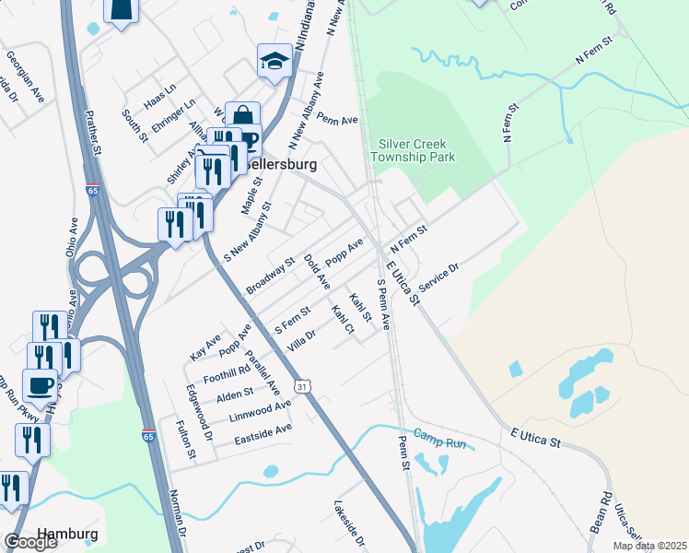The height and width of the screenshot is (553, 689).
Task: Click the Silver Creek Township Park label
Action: point(416,151)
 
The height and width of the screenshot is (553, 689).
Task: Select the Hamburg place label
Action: point(67,535)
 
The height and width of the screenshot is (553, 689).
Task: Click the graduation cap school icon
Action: point(274,62)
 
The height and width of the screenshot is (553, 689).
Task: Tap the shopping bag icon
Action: point(242,117)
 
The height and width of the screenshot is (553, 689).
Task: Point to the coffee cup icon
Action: point(40,385)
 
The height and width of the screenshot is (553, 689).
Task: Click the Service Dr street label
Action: point(438,276)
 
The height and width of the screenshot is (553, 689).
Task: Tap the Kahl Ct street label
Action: point(343,318)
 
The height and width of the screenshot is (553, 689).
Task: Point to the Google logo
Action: point(30,542)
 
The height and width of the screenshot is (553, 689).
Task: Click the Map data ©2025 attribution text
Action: point(650,546)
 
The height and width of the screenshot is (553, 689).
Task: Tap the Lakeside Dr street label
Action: point(351,523)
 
